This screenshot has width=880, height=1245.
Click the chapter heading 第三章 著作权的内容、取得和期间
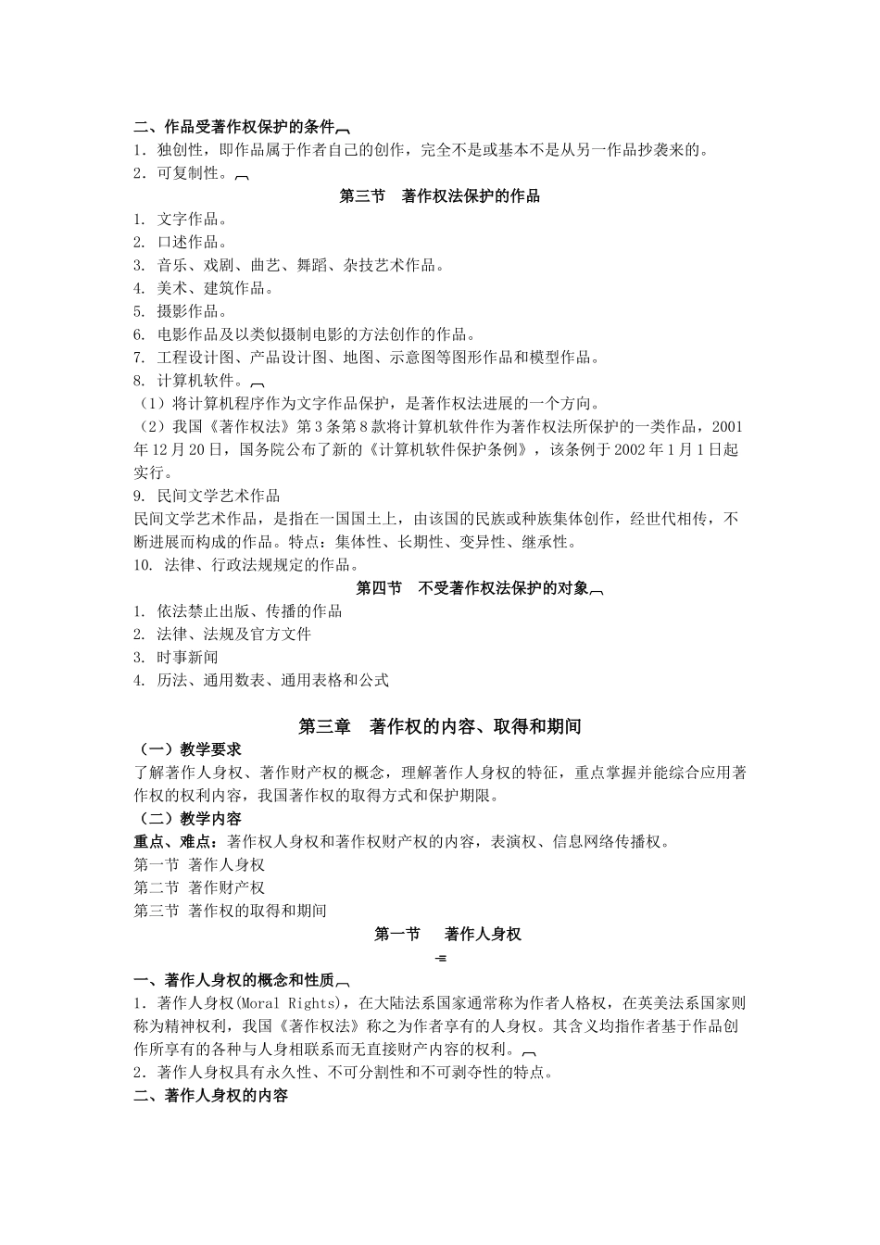[439, 726]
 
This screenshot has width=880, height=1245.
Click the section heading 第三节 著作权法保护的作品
[439, 196]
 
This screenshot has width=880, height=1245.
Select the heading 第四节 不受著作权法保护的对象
[473, 588]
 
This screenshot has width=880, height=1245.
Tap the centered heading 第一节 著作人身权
[447, 935]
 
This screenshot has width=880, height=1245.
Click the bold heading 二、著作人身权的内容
[210, 1096]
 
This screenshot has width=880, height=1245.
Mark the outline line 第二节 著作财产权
[199, 887]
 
